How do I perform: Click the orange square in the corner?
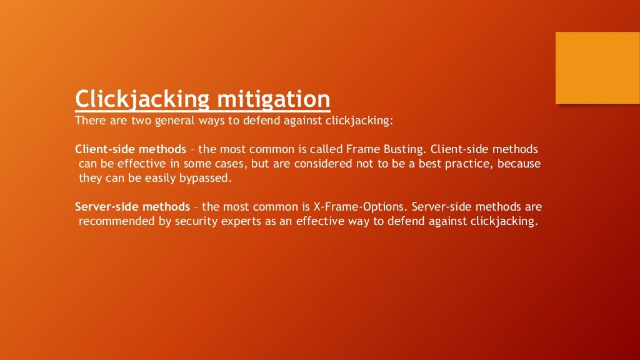[x=597, y=67]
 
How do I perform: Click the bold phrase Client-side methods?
[x=130, y=149]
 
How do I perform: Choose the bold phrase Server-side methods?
[x=132, y=206]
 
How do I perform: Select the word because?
[x=520, y=164]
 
